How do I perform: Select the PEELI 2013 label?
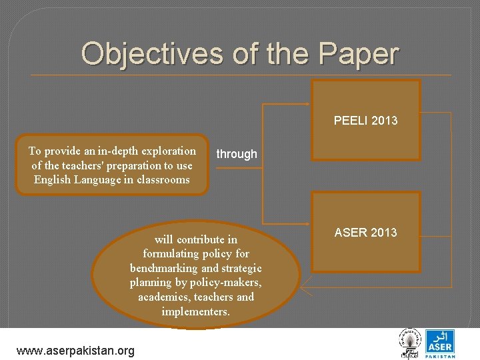(x=365, y=121)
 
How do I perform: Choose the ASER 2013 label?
(x=365, y=233)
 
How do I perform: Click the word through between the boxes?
(x=236, y=154)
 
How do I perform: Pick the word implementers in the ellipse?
(x=195, y=311)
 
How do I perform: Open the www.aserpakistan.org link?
(x=75, y=351)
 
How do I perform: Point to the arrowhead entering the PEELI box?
(x=308, y=105)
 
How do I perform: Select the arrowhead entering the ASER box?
(x=308, y=221)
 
